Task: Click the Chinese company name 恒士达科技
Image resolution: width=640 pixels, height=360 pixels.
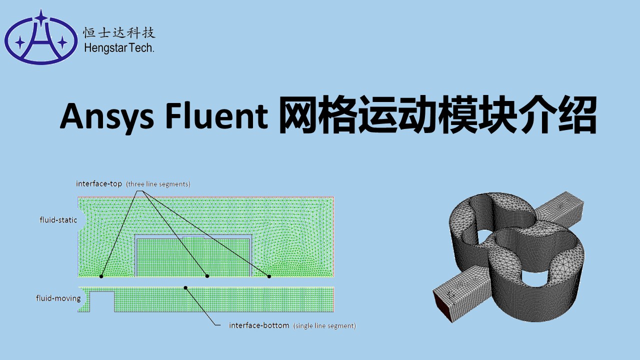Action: pyautogui.click(x=119, y=33)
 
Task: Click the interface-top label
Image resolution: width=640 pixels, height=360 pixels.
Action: pyautogui.click(x=99, y=183)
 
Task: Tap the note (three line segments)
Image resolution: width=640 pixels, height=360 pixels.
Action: pyautogui.click(x=158, y=184)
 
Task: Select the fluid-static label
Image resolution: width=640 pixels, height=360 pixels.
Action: pyautogui.click(x=58, y=219)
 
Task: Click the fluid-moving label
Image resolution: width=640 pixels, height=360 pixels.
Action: pyautogui.click(x=58, y=298)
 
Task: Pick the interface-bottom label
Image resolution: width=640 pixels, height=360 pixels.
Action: pyautogui.click(x=259, y=325)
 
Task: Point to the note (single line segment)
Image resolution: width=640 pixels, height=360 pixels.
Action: pyautogui.click(x=324, y=326)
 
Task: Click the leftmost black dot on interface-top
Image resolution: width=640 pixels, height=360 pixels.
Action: pyautogui.click(x=101, y=276)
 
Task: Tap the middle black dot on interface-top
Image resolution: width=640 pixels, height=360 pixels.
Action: pyautogui.click(x=207, y=276)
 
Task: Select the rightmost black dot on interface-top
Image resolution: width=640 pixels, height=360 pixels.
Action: pyautogui.click(x=269, y=276)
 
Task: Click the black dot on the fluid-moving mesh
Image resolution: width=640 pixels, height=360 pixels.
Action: pyautogui.click(x=185, y=287)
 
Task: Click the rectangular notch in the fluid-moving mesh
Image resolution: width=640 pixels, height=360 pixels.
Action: pyautogui.click(x=102, y=301)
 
